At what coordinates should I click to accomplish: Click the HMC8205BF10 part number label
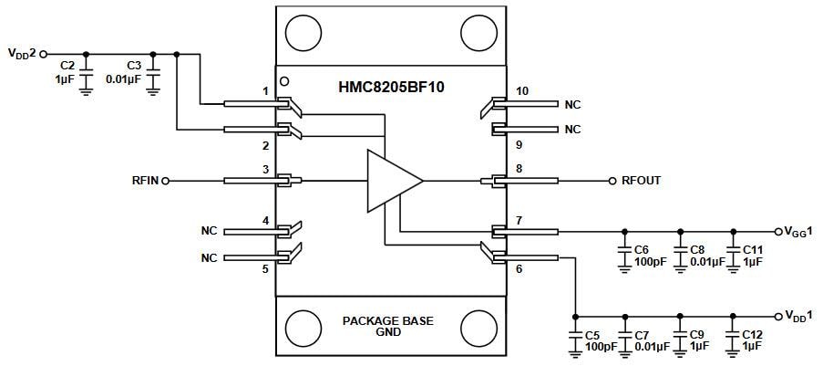click(x=390, y=87)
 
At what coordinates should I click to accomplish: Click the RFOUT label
click(x=641, y=181)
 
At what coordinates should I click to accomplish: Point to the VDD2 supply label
click(x=22, y=54)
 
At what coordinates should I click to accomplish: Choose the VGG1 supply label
click(x=799, y=231)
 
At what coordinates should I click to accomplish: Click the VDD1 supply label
click(x=799, y=316)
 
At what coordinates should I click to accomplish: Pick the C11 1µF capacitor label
click(x=753, y=255)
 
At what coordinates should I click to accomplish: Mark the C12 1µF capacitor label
click(x=752, y=340)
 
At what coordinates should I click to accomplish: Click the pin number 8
click(x=519, y=168)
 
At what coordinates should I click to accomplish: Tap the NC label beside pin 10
click(x=572, y=105)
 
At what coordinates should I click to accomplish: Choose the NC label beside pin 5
click(x=209, y=258)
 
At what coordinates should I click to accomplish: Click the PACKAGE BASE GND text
click(x=388, y=327)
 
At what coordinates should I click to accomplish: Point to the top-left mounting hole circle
click(x=303, y=33)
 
